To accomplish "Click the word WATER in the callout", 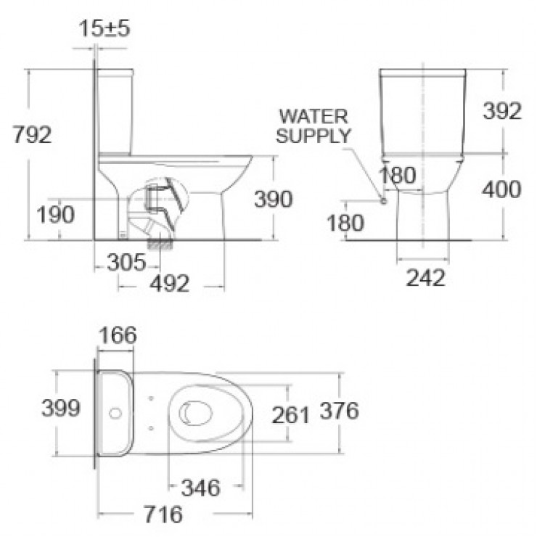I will pyautogui.click(x=313, y=116).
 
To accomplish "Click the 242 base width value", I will pyautogui.click(x=424, y=276).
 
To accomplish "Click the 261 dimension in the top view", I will pyautogui.click(x=290, y=414).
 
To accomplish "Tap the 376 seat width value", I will pyautogui.click(x=338, y=411).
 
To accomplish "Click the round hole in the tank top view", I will pyautogui.click(x=113, y=414).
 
